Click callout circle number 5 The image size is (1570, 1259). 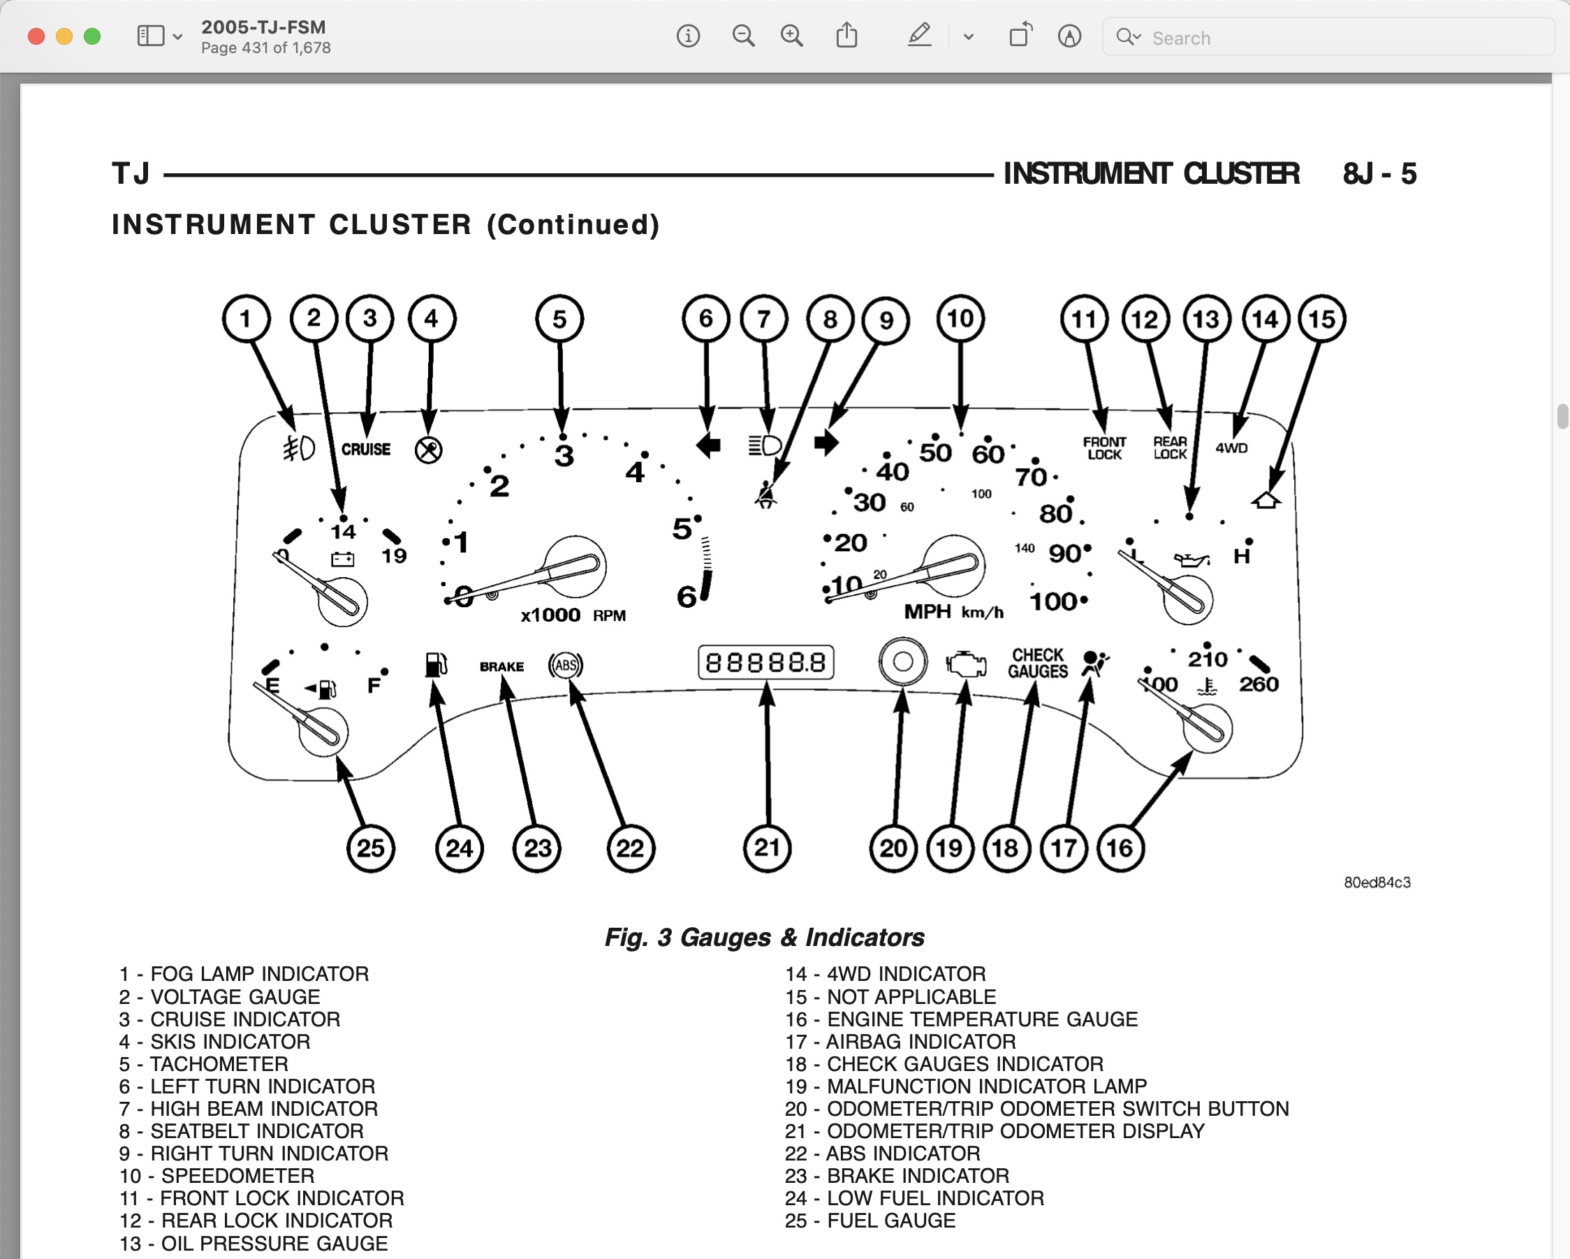pyautogui.click(x=559, y=319)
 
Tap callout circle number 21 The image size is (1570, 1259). pyautogui.click(x=767, y=847)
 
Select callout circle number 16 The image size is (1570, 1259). pyautogui.click(x=1120, y=847)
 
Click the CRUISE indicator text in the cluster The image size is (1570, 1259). pyautogui.click(x=365, y=449)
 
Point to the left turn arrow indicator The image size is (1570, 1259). pyautogui.click(x=707, y=444)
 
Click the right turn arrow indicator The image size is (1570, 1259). pyautogui.click(x=826, y=442)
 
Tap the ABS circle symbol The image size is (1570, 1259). pyautogui.click(x=566, y=664)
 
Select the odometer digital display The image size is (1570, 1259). pyautogui.click(x=765, y=662)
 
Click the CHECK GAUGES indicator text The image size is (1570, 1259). pyautogui.click(x=1038, y=663)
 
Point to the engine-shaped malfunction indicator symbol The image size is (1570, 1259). pyautogui.click(x=967, y=664)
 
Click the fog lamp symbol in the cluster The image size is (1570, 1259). pyautogui.click(x=298, y=448)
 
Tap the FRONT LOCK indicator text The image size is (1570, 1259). pyautogui.click(x=1104, y=448)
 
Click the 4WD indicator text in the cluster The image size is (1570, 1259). pyautogui.click(x=1231, y=448)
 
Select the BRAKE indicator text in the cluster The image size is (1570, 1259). pyautogui.click(x=501, y=667)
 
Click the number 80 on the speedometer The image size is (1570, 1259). pyautogui.click(x=1056, y=514)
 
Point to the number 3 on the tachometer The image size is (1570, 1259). pyautogui.click(x=564, y=456)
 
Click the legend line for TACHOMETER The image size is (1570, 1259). pyautogui.click(x=204, y=1064)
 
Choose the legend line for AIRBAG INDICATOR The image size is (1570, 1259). pyautogui.click(x=901, y=1041)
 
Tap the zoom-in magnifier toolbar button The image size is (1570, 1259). pyautogui.click(x=791, y=36)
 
